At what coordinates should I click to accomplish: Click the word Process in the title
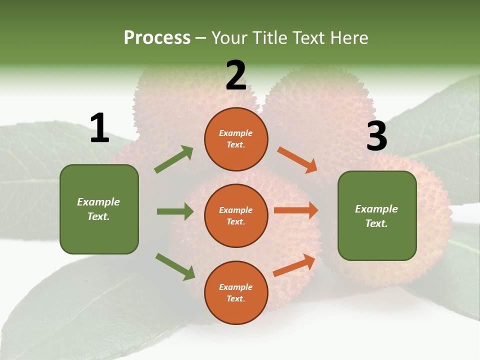pyautogui.click(x=157, y=37)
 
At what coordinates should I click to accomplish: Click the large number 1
pyautogui.click(x=99, y=128)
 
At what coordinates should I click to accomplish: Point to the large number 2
pyautogui.click(x=236, y=76)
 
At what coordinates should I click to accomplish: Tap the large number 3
pyautogui.click(x=376, y=136)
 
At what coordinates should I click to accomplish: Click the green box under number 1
pyautogui.click(x=99, y=209)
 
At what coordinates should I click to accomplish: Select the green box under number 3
pyautogui.click(x=377, y=216)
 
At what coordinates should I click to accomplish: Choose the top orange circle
pyautogui.click(x=236, y=139)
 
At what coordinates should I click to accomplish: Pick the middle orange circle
pyautogui.click(x=236, y=216)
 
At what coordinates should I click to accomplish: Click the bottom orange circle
pyautogui.click(x=236, y=293)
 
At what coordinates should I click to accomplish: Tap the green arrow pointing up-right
pyautogui.click(x=174, y=159)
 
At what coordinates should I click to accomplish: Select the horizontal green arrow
pyautogui.click(x=175, y=211)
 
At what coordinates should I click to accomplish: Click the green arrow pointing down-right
pyautogui.click(x=175, y=266)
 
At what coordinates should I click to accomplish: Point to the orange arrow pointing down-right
pyautogui.click(x=297, y=160)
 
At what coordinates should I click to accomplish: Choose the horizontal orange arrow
pyautogui.click(x=296, y=210)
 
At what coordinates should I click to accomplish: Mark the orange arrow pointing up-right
pyautogui.click(x=294, y=265)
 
